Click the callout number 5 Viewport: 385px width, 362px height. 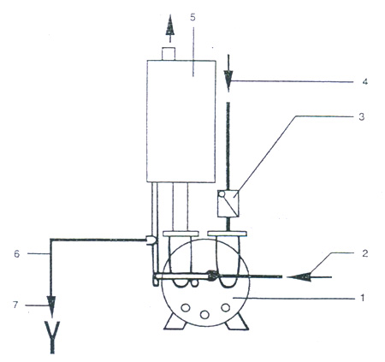tap(193, 17)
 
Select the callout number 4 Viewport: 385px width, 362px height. tap(364, 81)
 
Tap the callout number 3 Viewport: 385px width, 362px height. tap(362, 117)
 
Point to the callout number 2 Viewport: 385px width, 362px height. tap(364, 253)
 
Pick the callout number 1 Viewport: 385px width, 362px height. tap(363, 299)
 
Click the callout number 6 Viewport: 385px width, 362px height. tap(17, 254)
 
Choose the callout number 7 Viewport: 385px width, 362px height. tap(15, 305)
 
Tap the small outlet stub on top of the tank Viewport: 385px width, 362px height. tap(169, 54)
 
